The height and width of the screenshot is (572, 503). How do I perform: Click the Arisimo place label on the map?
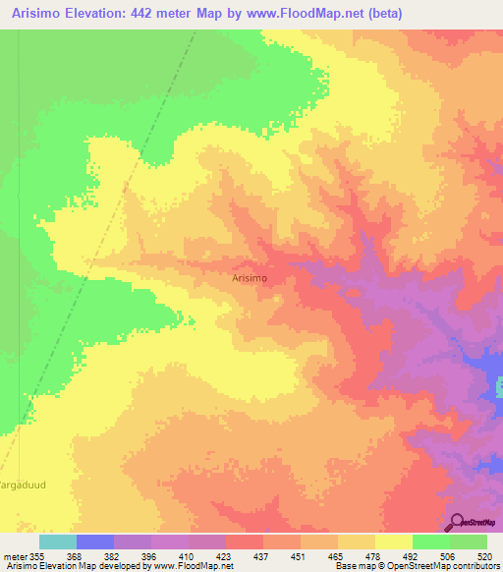(251, 278)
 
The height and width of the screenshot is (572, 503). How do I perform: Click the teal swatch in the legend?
(57, 542)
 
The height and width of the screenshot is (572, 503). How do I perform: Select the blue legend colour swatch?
(94, 542)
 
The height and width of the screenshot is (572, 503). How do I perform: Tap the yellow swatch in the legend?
(393, 542)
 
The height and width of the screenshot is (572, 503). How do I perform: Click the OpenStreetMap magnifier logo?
(457, 521)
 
